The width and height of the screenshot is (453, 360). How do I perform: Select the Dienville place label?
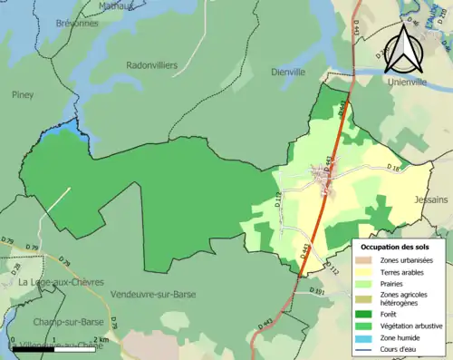tap(290, 72)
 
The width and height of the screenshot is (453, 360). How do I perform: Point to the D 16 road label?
tap(391, 170)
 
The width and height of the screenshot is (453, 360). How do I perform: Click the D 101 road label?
tap(315, 291)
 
